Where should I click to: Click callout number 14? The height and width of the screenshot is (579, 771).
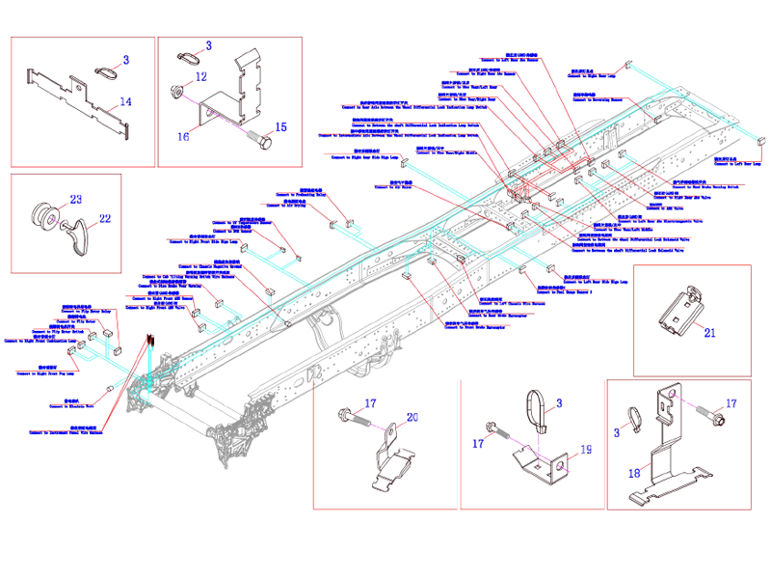125,101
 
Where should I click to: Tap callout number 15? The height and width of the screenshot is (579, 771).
281,126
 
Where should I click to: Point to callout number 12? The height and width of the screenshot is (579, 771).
200,75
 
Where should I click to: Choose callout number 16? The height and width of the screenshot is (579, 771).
184,138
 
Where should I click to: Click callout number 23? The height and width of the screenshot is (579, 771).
76,199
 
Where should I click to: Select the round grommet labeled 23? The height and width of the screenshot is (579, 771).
44,215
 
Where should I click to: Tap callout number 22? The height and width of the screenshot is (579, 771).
106,219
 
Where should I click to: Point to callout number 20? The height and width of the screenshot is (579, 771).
412,418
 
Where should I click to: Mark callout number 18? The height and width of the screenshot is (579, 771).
633,474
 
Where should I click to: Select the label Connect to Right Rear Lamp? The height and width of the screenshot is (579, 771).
592,76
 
